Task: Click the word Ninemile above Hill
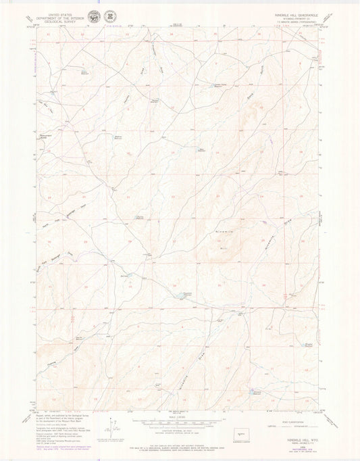click(x=225, y=232)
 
